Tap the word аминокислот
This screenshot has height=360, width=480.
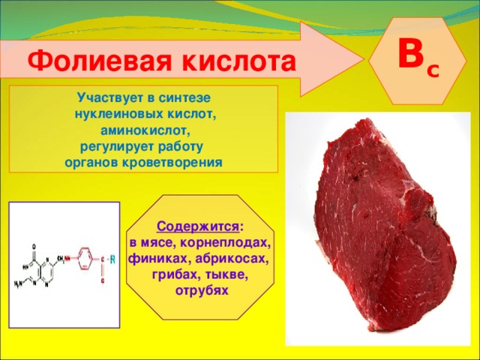point(145,130)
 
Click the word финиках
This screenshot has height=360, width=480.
point(153,259)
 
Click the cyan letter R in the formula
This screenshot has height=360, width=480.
point(113,259)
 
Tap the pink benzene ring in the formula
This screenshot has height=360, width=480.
point(84,261)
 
